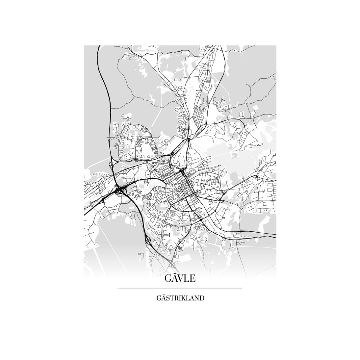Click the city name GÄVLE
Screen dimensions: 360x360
coord(180,278)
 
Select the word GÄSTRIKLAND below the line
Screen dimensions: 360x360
coord(180,298)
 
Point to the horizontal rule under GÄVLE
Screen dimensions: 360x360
coord(180,288)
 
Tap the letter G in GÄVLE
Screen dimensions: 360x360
coord(168,279)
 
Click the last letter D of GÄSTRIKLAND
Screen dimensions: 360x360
coord(202,298)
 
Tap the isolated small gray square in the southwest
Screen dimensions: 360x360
coord(141,254)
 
